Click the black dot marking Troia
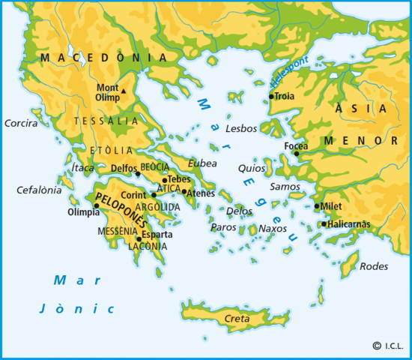coord(271,97)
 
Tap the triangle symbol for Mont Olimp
coord(124,92)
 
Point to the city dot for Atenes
coord(184,191)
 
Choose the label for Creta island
coord(237,319)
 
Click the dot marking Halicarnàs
coord(323,223)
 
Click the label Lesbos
coord(240,128)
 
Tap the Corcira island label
coord(21,121)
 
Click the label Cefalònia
coord(39,190)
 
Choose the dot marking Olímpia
coord(96,205)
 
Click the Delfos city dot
coord(138,172)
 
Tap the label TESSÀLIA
coord(106,120)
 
